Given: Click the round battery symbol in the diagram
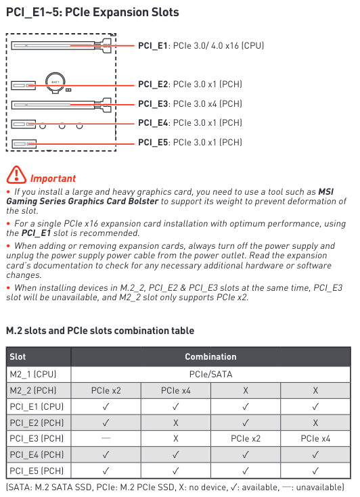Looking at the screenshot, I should pos(55,81).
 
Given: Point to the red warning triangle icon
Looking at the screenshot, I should pos(16,175).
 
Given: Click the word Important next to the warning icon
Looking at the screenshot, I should pos(53,179).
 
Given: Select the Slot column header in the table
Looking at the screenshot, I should pos(18,356).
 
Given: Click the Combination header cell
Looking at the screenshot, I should pos(210,356).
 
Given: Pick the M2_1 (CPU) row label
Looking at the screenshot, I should pos(33,373).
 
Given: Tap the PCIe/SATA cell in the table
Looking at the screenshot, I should pos(210,373).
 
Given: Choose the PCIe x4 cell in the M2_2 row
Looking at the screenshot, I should pos(175,390).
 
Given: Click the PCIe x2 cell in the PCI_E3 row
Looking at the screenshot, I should pos(246,439).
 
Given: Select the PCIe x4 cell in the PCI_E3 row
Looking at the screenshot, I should pos(315,439).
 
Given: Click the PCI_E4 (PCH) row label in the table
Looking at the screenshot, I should pos(37,455).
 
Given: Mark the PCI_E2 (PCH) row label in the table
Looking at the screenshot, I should pos(37,423).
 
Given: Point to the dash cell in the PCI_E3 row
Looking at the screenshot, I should pos(106,439).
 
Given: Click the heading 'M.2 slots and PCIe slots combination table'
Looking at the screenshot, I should pos(100,331).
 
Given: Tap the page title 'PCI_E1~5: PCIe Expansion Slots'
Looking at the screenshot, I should pos(93,12).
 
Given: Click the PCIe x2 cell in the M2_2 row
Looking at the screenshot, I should pos(106,390).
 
